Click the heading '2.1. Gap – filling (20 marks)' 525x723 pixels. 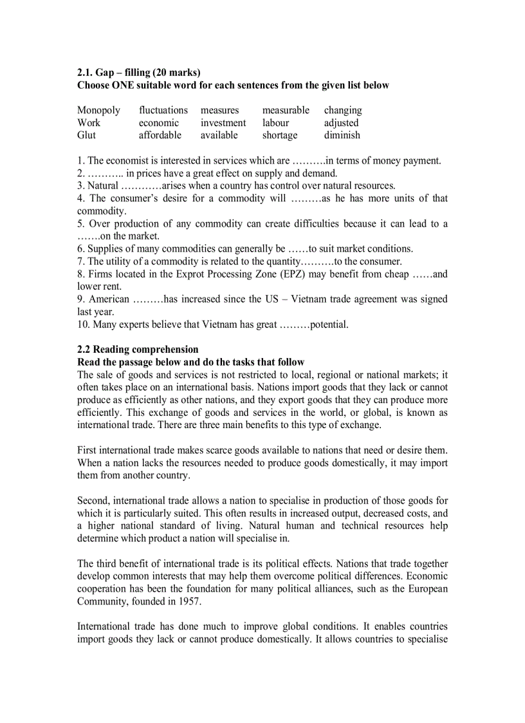pos(138,72)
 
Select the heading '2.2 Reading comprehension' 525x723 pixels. pos(138,350)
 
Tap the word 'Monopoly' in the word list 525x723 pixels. pos(98,110)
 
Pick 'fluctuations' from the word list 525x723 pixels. pos(163,110)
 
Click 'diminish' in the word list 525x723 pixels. pos(342,135)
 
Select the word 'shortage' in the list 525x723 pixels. pos(280,135)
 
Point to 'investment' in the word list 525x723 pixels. pos(223,122)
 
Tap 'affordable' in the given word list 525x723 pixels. pos(160,135)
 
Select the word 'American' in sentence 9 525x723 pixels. pos(108,299)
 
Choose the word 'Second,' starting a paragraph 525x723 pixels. pos(94,501)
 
